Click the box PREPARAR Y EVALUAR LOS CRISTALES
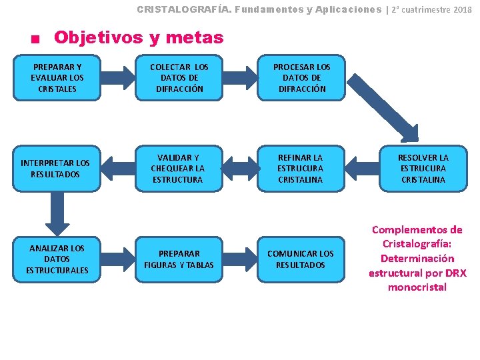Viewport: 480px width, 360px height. (x=58, y=78)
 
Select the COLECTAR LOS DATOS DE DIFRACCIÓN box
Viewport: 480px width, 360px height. (x=179, y=78)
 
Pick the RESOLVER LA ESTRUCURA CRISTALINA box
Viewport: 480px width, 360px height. (x=423, y=169)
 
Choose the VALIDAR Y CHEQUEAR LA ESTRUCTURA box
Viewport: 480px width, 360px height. (x=179, y=169)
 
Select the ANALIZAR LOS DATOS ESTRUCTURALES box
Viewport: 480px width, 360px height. (x=58, y=259)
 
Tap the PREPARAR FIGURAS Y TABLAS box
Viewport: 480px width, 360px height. (x=179, y=259)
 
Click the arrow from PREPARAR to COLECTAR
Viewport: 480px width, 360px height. (x=119, y=78)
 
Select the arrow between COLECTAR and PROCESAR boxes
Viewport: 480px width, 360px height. (x=241, y=78)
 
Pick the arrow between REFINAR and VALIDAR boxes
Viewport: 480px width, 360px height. (x=241, y=169)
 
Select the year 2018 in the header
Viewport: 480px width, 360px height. (x=462, y=10)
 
